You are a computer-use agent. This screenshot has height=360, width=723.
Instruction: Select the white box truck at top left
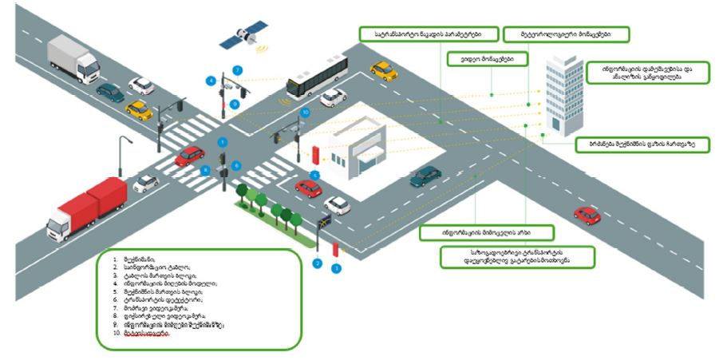(x=73, y=57)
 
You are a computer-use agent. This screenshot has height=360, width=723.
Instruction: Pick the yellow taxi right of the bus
(x=384, y=70)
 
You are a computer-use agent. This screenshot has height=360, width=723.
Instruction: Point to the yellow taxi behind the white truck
(x=140, y=109)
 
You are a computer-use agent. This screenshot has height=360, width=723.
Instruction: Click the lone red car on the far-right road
(x=587, y=215)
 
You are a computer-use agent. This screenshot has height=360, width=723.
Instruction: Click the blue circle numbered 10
(x=304, y=113)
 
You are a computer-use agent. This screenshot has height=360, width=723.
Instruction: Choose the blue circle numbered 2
(x=317, y=262)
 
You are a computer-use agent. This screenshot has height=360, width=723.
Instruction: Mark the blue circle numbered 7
(x=236, y=69)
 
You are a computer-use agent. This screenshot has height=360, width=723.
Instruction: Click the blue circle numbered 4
(x=211, y=81)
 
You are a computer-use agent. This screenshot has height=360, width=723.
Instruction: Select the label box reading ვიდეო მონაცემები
(x=481, y=58)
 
